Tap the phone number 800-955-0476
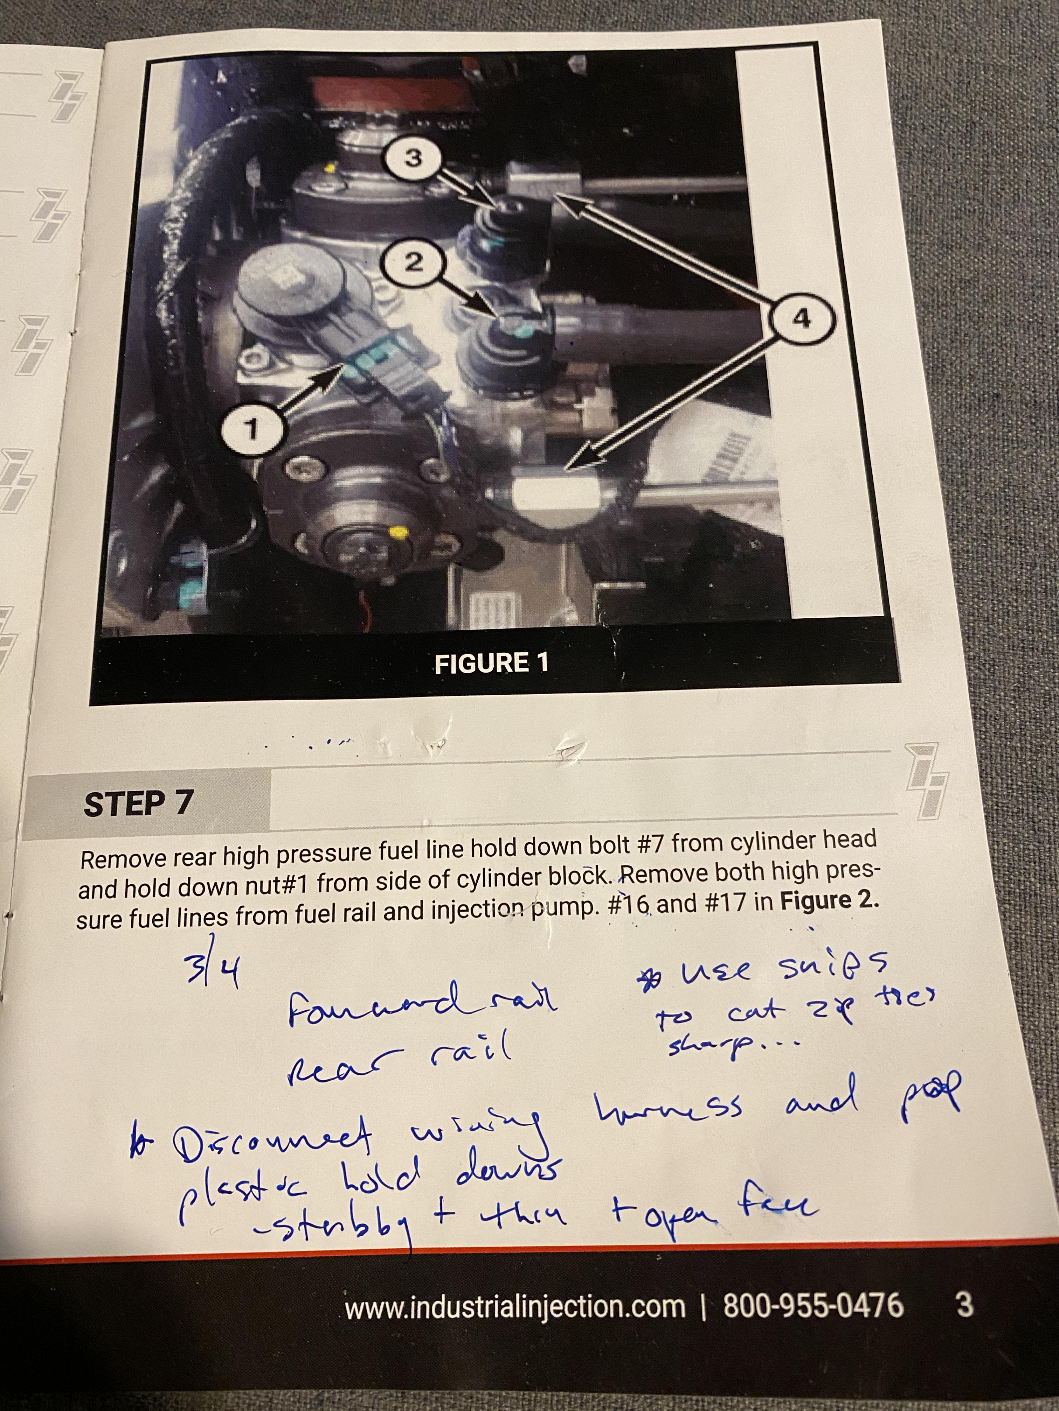[812, 1305]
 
